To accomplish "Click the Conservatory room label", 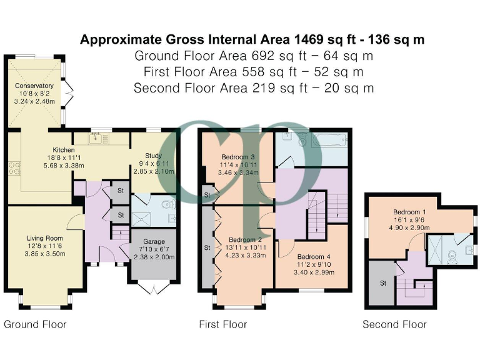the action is click(34, 86).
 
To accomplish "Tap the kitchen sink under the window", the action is click(96, 138).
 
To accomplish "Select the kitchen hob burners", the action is click(14, 168).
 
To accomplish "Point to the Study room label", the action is click(153, 156).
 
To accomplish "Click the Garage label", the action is click(154, 241).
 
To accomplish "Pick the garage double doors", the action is click(154, 287).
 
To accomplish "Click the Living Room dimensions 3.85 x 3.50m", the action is click(45, 254).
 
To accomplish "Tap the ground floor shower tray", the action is click(141, 219).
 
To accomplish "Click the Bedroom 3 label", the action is click(238, 157).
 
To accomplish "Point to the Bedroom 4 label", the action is click(314, 257).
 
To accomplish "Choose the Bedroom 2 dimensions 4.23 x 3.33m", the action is click(246, 255).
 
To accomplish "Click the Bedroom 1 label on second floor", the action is click(409, 212).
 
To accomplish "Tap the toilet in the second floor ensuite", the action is click(452, 256).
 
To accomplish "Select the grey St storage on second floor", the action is click(382, 283).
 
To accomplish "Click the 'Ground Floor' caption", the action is click(35, 324).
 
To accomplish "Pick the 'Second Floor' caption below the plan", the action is click(394, 324).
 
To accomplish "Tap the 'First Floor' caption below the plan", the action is click(223, 324).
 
